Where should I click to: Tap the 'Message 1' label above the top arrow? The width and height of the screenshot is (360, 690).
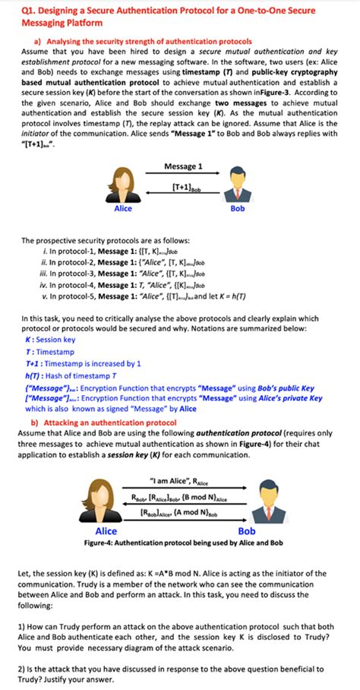pyautogui.click(x=183, y=166)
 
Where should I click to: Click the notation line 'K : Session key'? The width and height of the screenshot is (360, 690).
pyautogui.click(x=50, y=340)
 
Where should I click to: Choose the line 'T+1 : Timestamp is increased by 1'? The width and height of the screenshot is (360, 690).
pyautogui.click(x=83, y=363)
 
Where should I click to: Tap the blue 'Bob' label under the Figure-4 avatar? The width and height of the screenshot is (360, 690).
pyautogui.click(x=248, y=532)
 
